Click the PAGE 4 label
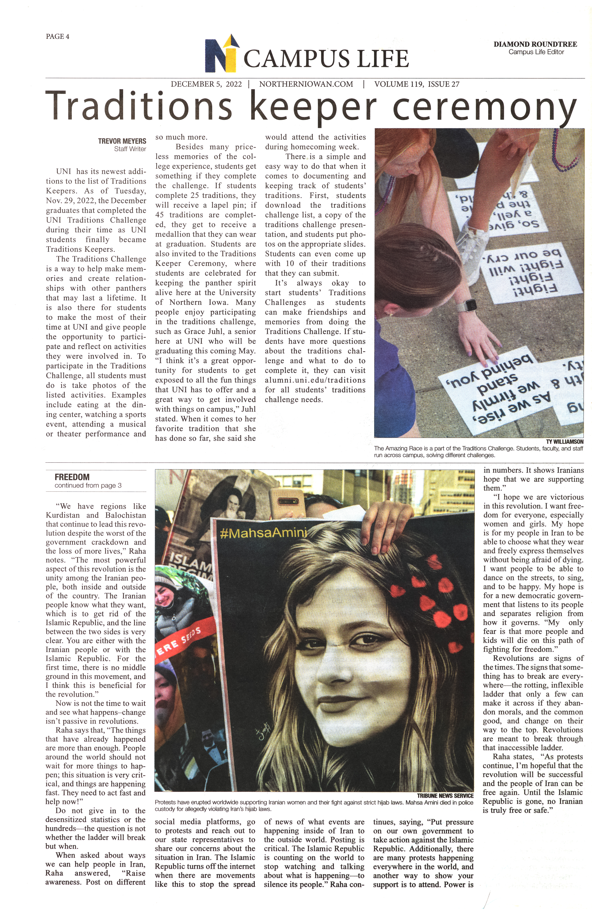click(58, 36)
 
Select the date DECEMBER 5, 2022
click(206, 84)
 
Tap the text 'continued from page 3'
click(88, 486)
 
